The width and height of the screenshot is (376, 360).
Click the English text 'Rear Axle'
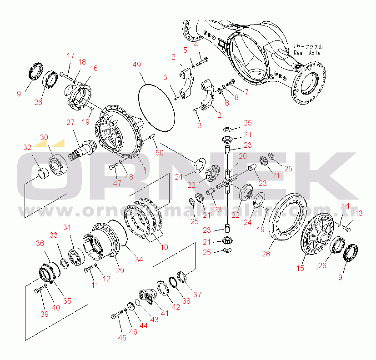(307, 53)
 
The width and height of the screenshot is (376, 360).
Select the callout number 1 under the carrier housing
(145, 171)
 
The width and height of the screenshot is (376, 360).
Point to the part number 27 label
(71, 122)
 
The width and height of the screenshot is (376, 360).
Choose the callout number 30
(44, 137)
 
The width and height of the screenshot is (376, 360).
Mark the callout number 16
(94, 68)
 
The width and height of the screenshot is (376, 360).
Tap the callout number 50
(159, 152)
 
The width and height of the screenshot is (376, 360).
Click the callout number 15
(300, 268)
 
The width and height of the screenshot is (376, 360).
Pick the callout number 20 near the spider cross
(243, 156)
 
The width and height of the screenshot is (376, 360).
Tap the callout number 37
(197, 294)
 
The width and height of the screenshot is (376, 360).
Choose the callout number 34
(139, 260)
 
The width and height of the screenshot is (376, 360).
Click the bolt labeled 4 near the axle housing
(203, 59)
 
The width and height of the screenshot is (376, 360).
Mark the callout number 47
(117, 183)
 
